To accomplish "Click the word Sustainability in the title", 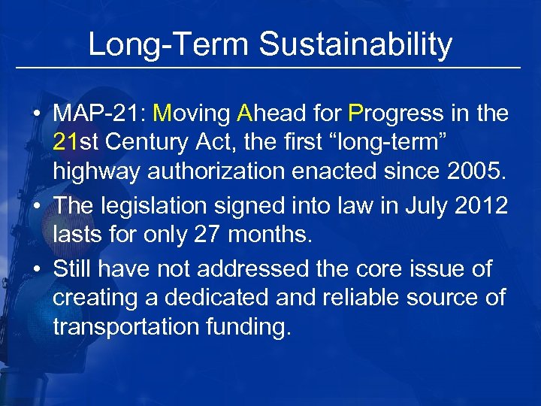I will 355,44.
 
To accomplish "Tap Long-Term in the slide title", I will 169,44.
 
